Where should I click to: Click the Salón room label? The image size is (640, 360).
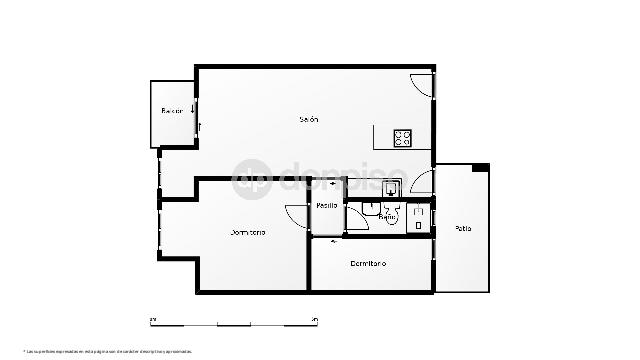point(309,120)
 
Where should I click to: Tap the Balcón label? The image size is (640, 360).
point(172,111)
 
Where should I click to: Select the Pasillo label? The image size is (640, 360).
point(327,205)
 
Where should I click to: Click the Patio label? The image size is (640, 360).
point(463,229)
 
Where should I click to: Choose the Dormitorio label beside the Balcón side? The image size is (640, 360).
point(249,232)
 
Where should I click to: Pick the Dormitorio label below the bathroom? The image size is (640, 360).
point(369,263)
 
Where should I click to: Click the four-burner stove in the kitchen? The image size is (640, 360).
point(404,137)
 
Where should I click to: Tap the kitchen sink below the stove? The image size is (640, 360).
point(392,186)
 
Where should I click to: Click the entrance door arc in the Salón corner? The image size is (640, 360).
point(424,85)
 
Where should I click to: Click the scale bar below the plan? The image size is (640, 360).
point(234,322)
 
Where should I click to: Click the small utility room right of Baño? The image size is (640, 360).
point(419,216)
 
